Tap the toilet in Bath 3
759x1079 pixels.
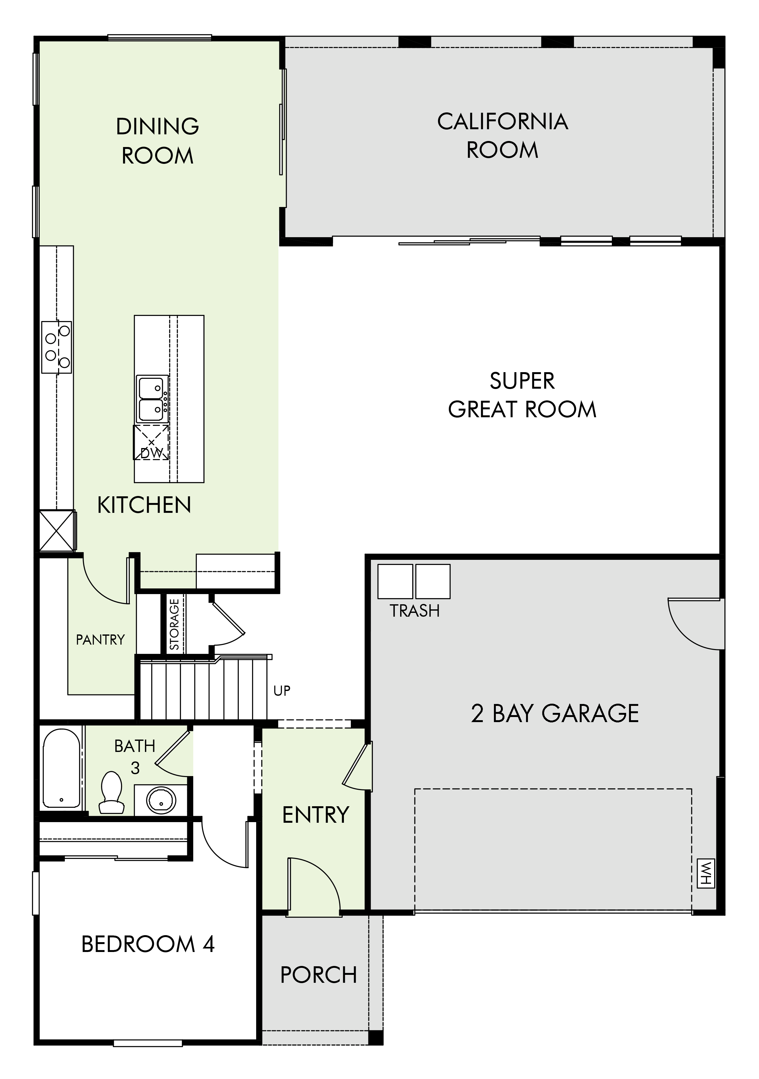(x=112, y=792)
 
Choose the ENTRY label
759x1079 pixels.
(x=316, y=815)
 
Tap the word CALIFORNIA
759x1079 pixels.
(x=503, y=121)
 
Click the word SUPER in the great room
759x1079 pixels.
(x=522, y=381)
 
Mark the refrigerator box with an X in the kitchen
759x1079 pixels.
(x=57, y=531)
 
